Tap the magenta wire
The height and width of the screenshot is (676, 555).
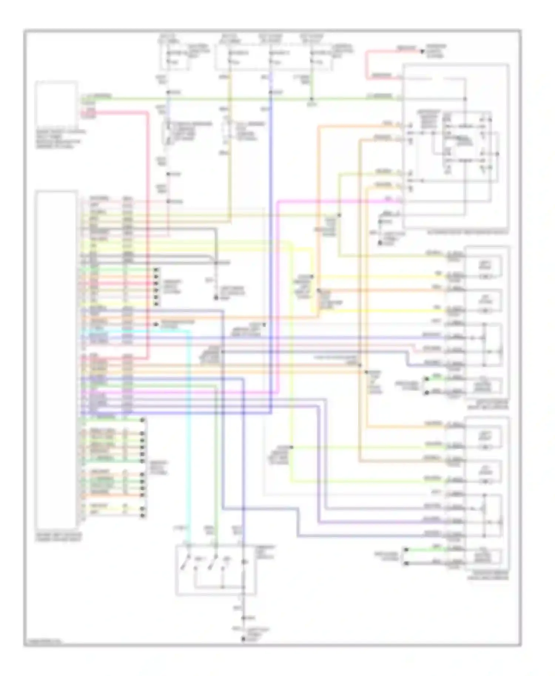277,296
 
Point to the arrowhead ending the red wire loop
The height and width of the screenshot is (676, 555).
421,51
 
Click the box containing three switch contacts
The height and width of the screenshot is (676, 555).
215,569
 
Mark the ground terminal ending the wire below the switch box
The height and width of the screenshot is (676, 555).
243,639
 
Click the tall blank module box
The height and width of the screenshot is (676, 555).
56,359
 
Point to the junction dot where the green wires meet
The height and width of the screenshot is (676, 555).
312,99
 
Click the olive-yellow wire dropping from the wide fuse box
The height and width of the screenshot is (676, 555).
230,148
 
